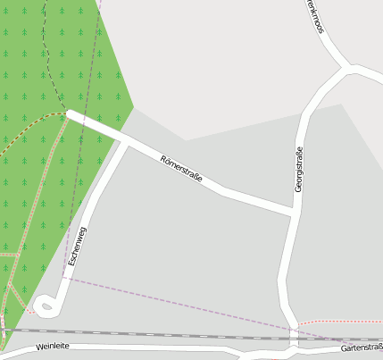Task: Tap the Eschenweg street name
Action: point(77,247)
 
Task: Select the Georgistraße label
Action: point(299,169)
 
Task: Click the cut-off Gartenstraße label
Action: point(362,347)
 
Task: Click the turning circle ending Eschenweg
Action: point(46,306)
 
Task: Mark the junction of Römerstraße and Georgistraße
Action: point(294,212)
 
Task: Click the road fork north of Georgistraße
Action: point(346,69)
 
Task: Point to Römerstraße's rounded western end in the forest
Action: point(70,113)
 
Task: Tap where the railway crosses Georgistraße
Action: point(292,338)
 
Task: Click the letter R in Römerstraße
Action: point(163,159)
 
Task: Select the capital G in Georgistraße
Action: point(299,188)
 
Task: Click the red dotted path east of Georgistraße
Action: point(339,321)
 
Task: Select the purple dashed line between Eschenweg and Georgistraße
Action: point(179,302)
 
